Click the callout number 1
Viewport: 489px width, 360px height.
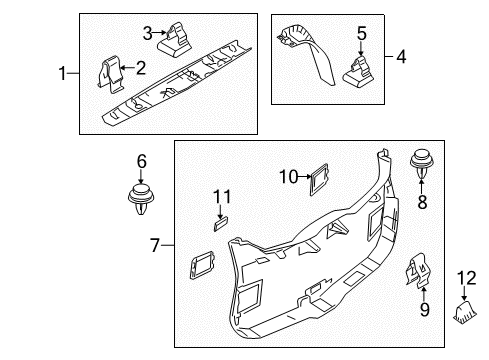pos(62,73)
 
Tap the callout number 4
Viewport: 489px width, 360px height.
pos(401,56)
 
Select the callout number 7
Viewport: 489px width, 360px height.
pos(155,245)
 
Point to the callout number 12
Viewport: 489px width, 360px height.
pos(467,278)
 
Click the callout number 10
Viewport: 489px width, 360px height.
pos(289,177)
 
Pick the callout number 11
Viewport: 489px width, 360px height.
pos(222,197)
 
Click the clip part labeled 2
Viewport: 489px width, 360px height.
pos(110,73)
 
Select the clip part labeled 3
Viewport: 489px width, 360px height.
pos(175,40)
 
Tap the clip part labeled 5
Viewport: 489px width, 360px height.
pos(359,72)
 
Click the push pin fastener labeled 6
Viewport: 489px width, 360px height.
pos(141,199)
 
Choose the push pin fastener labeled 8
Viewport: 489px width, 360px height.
pos(422,164)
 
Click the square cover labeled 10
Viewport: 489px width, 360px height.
pos(319,179)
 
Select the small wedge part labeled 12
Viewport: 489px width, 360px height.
pos(465,312)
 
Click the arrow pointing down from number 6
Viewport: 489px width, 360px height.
pos(141,176)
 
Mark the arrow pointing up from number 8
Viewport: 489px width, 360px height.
pos(422,186)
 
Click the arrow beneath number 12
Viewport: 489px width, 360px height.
pos(464,294)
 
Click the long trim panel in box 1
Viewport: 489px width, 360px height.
pos(177,83)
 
